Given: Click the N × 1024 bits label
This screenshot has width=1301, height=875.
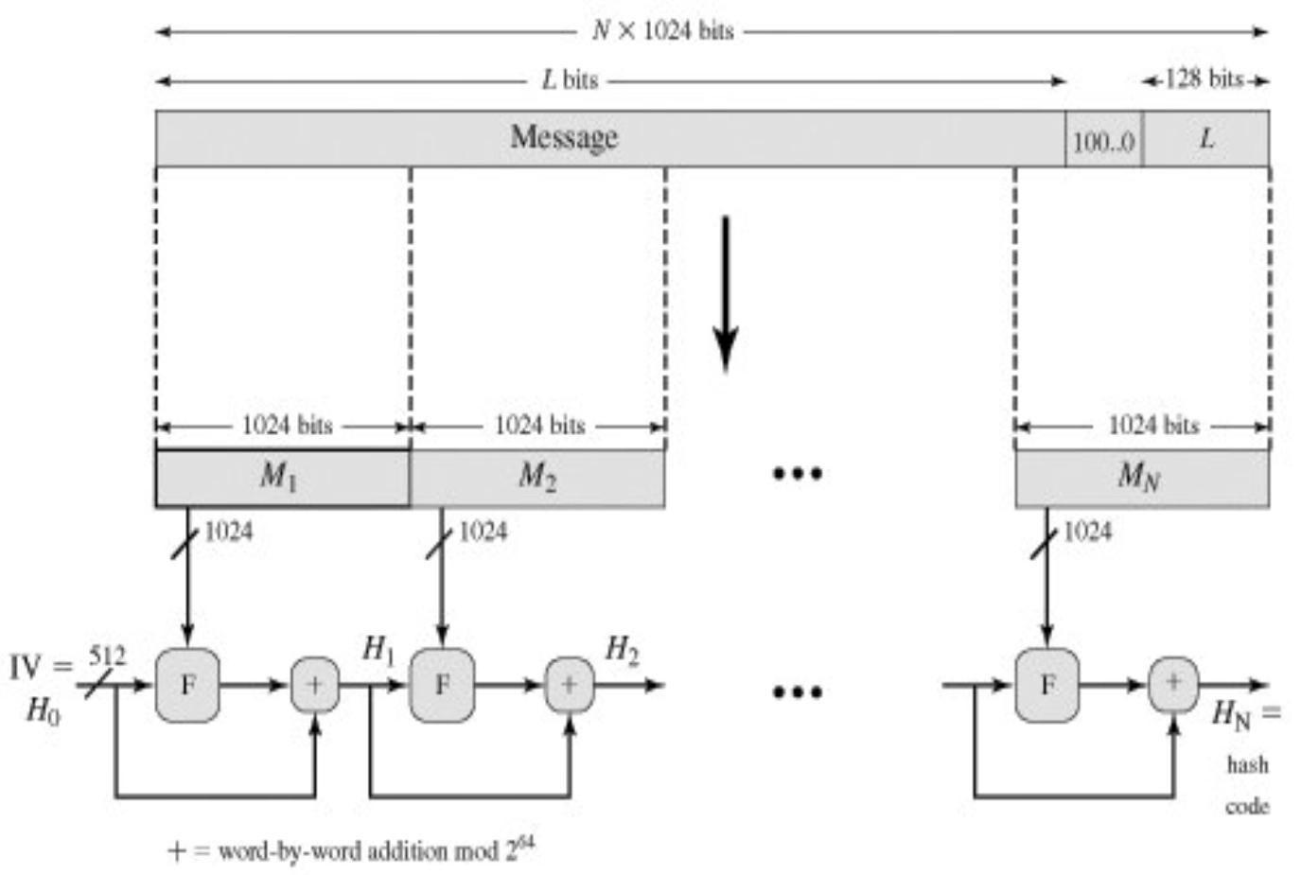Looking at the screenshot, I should click(x=662, y=30).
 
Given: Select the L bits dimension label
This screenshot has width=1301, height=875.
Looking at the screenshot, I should click(x=570, y=80).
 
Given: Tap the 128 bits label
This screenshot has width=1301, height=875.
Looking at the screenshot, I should click(x=1204, y=79).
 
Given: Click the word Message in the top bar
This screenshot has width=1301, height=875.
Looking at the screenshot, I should click(x=564, y=137).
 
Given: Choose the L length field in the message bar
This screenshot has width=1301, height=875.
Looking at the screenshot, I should click(x=1206, y=139).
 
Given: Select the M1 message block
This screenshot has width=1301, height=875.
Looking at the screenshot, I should click(x=281, y=478).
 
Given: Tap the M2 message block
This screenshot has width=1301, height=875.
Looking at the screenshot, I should click(x=536, y=478).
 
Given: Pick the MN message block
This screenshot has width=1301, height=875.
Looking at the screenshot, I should click(x=1140, y=478).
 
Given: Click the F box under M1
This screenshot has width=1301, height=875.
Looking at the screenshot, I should click(x=187, y=685).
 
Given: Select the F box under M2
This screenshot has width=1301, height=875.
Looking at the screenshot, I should click(x=442, y=685).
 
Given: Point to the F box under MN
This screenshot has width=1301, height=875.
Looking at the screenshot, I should click(x=1046, y=685).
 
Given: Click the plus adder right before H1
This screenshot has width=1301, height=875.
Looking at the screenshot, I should click(x=314, y=685).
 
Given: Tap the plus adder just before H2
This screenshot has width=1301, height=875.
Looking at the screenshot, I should click(x=570, y=685).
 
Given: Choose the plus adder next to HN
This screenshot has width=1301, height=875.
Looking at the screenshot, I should click(x=1173, y=683).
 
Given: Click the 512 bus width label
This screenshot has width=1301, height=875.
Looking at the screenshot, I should click(x=106, y=656).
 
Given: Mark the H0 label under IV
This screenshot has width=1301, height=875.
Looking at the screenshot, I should click(x=43, y=709).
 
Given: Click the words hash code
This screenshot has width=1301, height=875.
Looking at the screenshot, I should click(x=1246, y=785).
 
